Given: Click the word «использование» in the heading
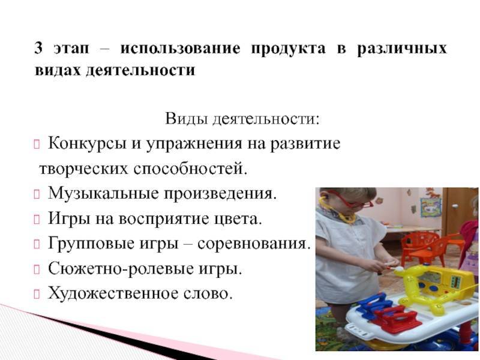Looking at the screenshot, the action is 180,49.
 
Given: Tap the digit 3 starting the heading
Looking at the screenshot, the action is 38,48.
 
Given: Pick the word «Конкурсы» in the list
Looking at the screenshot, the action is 87,144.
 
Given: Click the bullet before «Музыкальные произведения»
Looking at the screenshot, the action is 37,194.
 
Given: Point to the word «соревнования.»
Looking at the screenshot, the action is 254,244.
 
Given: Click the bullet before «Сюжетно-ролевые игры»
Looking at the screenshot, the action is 37,269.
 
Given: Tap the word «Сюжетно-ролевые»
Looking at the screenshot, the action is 121,269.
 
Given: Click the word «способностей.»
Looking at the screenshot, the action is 190,169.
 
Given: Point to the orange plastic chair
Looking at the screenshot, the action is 424,247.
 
